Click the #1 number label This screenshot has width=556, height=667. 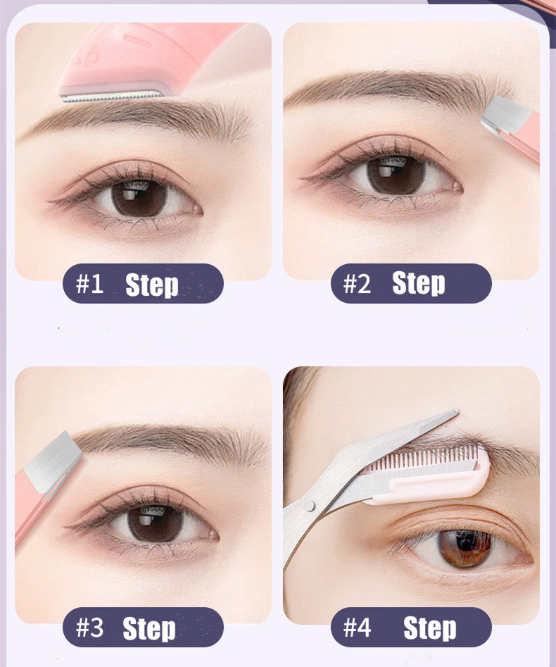pyautogui.click(x=89, y=284)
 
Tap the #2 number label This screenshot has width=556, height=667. pyautogui.click(x=357, y=284)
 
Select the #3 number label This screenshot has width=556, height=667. pyautogui.click(x=89, y=628)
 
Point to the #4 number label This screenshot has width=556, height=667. pyautogui.click(x=357, y=628)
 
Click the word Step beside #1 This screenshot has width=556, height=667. pyautogui.click(x=152, y=285)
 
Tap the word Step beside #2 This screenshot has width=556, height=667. pyautogui.click(x=419, y=284)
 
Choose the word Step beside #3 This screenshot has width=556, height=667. pyautogui.click(x=149, y=629)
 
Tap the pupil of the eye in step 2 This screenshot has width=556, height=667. pyautogui.click(x=396, y=175)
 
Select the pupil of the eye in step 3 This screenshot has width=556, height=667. pyautogui.click(x=156, y=523)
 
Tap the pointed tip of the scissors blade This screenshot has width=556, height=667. pyautogui.click(x=457, y=411)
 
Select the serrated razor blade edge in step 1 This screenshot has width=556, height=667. pyautogui.click(x=111, y=97)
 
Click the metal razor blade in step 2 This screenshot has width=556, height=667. pyautogui.click(x=505, y=116)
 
